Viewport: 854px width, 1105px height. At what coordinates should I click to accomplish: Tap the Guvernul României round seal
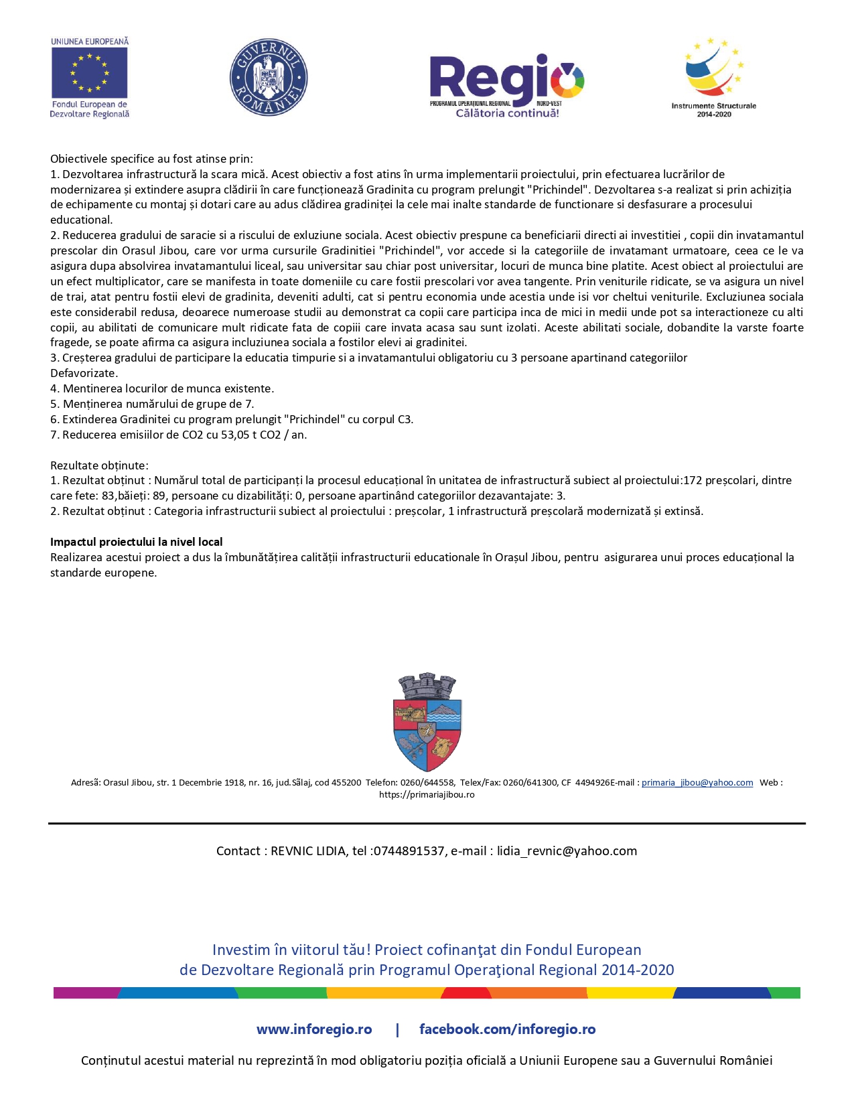[268, 77]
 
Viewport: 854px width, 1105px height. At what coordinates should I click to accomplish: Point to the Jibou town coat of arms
[427, 723]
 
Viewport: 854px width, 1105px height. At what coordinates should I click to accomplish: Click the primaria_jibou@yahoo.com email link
[697, 782]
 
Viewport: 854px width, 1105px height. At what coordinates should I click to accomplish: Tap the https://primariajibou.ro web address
[427, 795]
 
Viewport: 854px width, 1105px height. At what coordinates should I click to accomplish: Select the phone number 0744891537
[409, 851]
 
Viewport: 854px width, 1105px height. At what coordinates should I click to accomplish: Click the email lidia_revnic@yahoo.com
[567, 851]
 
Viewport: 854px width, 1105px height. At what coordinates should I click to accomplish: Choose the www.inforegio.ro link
[314, 1029]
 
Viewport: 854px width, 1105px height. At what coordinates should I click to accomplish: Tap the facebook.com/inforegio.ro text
[507, 1029]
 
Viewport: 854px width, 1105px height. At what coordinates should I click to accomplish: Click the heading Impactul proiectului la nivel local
[137, 542]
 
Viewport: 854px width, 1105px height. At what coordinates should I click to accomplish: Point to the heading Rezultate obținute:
[99, 465]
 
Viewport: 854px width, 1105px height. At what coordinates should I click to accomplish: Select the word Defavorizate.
[84, 373]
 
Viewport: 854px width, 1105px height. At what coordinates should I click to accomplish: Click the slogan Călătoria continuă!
[507, 113]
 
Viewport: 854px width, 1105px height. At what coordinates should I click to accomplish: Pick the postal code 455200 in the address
[346, 782]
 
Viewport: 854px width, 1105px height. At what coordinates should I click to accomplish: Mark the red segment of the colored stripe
[466, 992]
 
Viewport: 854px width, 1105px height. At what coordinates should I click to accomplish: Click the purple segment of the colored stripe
[86, 992]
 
